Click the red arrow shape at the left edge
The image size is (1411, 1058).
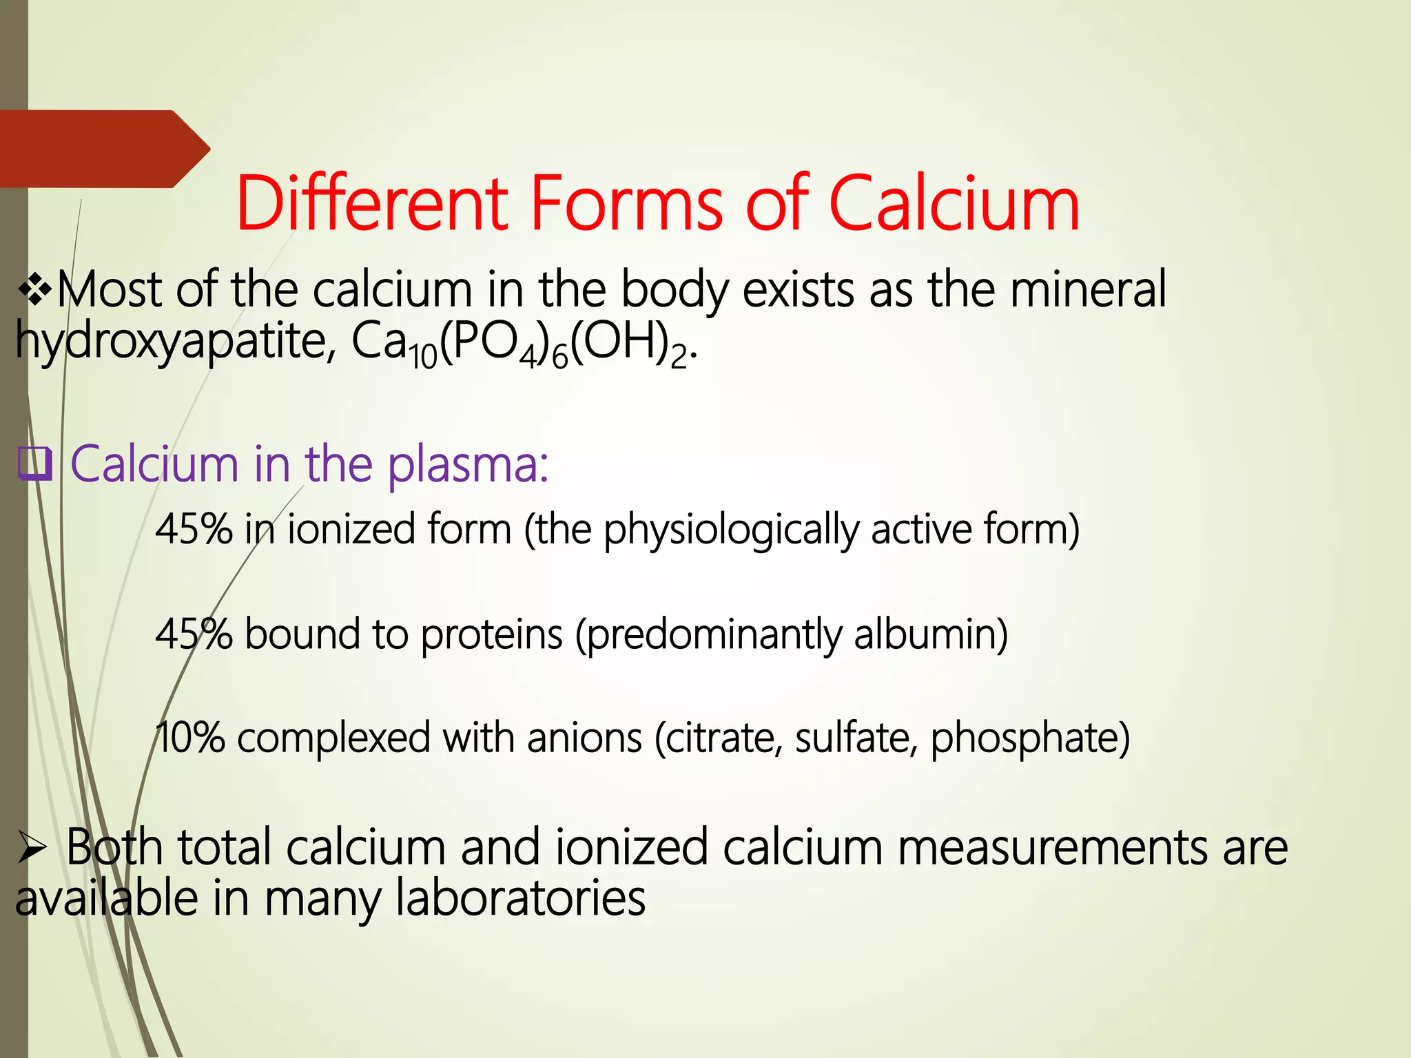pos(103,149)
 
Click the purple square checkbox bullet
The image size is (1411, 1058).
pos(34,464)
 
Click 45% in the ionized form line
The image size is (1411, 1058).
pos(194,529)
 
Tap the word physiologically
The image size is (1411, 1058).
pos(731,530)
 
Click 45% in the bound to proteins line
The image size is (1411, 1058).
pos(194,634)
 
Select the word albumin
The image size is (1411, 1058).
pos(930,634)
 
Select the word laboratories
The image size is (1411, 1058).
pos(520,899)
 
